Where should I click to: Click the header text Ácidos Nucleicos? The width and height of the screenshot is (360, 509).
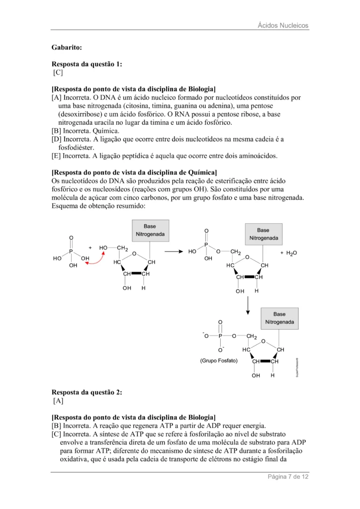tap(283, 25)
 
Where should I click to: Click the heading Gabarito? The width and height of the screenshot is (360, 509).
tap(67, 48)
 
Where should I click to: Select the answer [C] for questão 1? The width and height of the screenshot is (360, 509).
tap(58, 73)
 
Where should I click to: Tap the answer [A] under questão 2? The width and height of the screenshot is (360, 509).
tap(58, 400)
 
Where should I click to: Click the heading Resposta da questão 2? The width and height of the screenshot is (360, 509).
tap(87, 392)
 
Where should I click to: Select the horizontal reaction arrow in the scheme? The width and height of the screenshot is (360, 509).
tap(174, 252)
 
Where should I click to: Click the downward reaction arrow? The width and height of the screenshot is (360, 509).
tap(247, 306)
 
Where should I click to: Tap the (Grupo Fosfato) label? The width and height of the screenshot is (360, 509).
tap(219, 360)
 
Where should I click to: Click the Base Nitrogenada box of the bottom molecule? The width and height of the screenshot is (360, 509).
tap(279, 318)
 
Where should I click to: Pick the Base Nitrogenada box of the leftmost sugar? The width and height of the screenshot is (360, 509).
tap(150, 230)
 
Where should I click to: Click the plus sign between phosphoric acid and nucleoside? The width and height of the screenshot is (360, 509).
tap(90, 247)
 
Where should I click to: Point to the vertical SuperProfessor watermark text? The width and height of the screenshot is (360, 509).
tap(296, 367)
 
